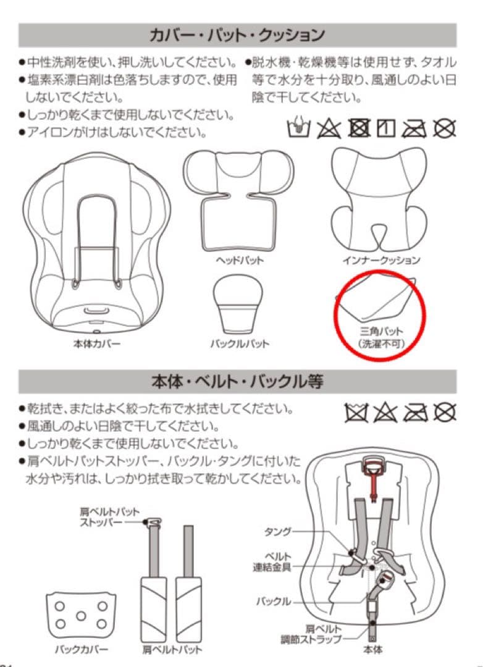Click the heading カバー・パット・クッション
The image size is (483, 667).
(237, 35)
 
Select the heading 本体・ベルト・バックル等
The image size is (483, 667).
(237, 382)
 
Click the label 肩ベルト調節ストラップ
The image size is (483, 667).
(319, 633)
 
